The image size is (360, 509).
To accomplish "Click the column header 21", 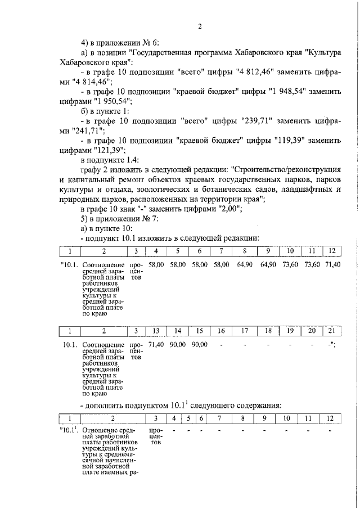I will [331, 331].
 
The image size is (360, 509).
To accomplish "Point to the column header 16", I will [222, 331].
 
